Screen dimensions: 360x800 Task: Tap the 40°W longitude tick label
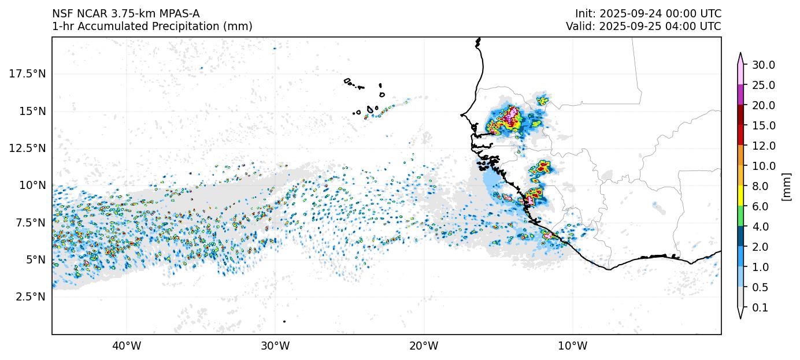(x=126, y=346)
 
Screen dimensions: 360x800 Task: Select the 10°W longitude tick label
(x=573, y=346)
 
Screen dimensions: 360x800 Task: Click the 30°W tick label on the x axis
(x=275, y=346)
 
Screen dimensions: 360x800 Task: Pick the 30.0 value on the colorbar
(x=764, y=65)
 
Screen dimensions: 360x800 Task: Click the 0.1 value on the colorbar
(x=761, y=307)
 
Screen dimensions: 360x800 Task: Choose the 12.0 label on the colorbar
(x=764, y=146)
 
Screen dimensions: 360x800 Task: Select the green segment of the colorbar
(x=740, y=216)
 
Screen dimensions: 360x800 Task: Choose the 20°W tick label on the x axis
(x=424, y=346)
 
